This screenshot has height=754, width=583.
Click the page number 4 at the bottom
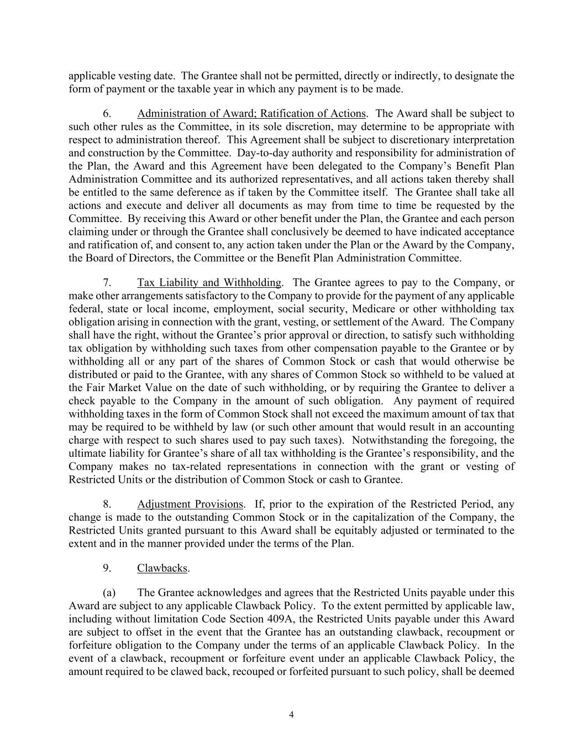pyautogui.click(x=291, y=715)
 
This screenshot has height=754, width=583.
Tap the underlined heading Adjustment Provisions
pyautogui.click(x=190, y=504)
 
